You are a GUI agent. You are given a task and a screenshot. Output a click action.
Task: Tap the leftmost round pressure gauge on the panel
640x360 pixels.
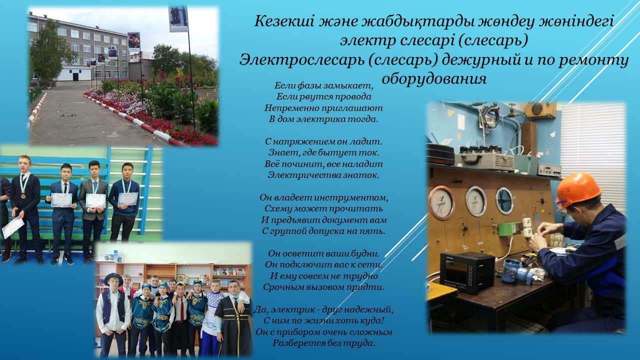coord(441,202)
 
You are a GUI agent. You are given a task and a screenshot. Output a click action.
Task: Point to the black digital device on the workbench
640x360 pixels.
coord(467,272)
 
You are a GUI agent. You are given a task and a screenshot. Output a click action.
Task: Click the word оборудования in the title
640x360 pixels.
coord(434,78)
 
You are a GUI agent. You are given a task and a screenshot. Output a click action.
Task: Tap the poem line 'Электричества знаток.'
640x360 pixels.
coord(323,175)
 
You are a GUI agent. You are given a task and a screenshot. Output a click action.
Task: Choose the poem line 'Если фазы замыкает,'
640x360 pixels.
coord(324,85)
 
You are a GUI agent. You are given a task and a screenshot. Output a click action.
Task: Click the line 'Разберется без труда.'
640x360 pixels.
coord(323,343)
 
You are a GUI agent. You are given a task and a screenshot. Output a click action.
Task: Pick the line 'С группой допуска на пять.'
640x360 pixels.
coord(323,231)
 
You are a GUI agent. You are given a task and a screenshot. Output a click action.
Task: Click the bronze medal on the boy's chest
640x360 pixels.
coord(23,196)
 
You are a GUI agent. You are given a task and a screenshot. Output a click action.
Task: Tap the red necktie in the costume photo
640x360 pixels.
coord(181,310)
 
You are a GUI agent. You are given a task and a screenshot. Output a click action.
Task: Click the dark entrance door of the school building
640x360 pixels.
coord(75,77)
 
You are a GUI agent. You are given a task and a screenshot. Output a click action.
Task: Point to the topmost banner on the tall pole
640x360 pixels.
coord(178,19)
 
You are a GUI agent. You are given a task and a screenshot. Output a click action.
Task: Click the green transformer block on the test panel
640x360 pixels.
coord(508,229)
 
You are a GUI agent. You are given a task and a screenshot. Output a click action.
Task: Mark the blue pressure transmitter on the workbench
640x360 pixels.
coord(517,271)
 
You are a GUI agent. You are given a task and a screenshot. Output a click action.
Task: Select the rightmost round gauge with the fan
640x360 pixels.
coord(504,200)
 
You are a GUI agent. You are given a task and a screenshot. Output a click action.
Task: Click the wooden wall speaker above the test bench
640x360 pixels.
coord(541,111)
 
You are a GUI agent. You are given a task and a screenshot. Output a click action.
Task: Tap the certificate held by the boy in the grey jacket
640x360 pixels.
coord(95,200)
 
